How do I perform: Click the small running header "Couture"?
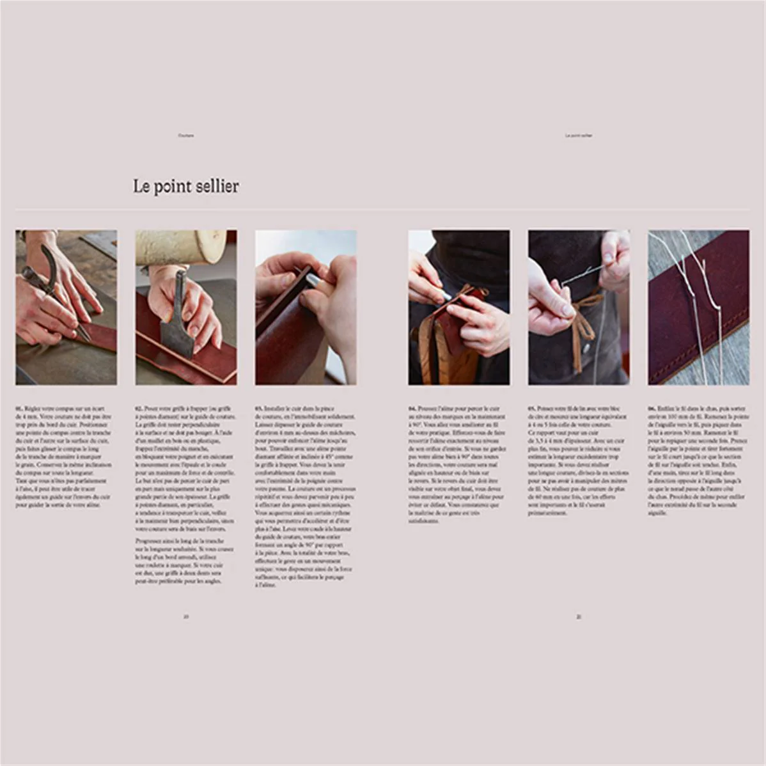186,136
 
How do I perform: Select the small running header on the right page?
579,136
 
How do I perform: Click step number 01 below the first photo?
19,408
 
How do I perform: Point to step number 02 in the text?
139,408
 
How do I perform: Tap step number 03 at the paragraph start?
259,408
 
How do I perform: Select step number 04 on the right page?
412,408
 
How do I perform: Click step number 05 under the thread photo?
532,408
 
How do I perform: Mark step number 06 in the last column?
652,408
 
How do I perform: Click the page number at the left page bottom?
186,617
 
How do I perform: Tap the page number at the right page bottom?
579,617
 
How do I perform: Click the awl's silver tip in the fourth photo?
442,295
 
